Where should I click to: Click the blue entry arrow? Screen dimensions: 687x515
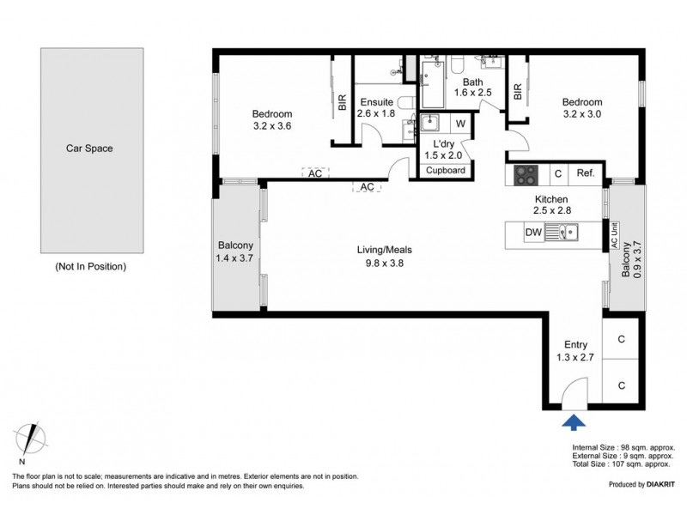click(574, 422)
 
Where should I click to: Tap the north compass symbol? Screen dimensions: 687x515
click(29, 439)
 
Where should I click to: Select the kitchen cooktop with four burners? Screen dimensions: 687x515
click(526, 175)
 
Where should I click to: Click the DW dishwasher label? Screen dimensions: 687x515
click(533, 232)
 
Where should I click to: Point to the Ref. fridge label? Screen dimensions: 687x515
click(586, 173)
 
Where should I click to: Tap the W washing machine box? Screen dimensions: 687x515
click(460, 124)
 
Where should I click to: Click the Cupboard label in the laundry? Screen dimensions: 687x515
click(446, 170)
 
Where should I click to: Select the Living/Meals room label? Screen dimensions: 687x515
click(384, 250)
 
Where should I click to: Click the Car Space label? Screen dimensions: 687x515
click(89, 148)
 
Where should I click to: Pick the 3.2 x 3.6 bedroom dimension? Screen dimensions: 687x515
click(272, 126)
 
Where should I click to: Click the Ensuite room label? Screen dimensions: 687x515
click(377, 102)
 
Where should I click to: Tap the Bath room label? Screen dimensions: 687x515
click(473, 82)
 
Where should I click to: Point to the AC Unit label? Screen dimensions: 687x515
click(615, 236)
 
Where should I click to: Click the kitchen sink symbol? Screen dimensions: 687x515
click(562, 232)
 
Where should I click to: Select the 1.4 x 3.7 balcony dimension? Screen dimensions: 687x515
click(234, 258)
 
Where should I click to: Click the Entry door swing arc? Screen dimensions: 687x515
click(568, 385)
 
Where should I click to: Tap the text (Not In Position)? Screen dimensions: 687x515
click(91, 266)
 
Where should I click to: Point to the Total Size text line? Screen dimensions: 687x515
click(621, 463)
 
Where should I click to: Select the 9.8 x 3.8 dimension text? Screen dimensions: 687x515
click(384, 264)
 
